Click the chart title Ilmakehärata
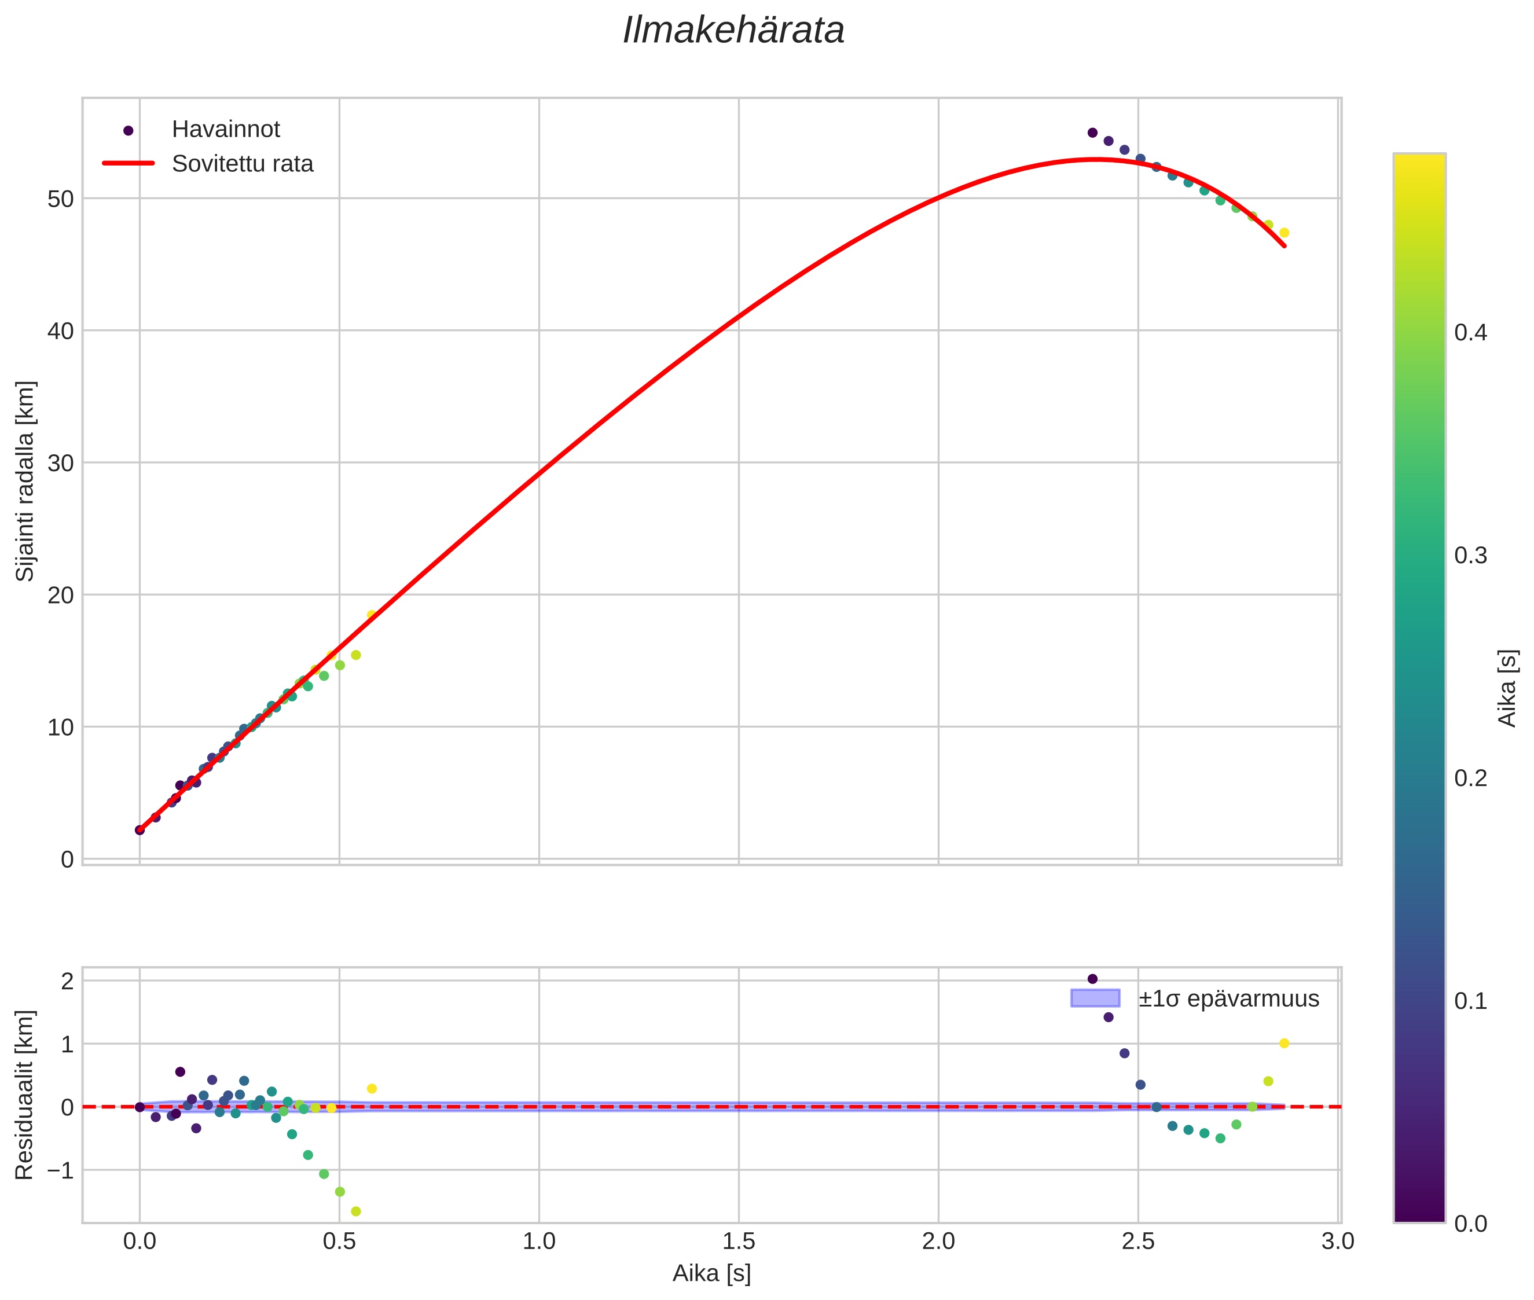(x=733, y=31)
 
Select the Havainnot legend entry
(x=225, y=130)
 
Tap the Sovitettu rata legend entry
(x=242, y=164)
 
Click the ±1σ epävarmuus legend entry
(x=1227, y=998)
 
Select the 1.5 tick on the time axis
(x=739, y=1241)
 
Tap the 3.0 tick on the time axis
(x=1337, y=1241)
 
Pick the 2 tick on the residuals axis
(x=67, y=981)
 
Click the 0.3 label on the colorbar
(x=1470, y=556)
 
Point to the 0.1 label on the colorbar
(x=1470, y=1001)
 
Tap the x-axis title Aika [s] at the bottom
(x=711, y=1273)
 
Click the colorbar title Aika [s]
(x=1508, y=688)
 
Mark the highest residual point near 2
(x=1092, y=979)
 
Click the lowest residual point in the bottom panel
(x=356, y=1211)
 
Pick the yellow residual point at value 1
(x=1284, y=1044)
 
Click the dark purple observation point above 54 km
(x=1092, y=133)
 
